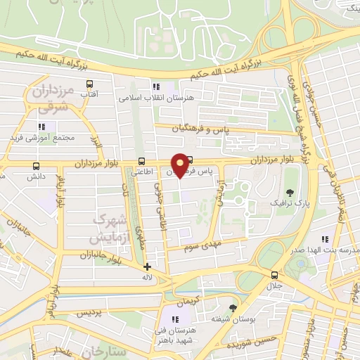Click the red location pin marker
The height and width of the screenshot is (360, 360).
tap(180, 165)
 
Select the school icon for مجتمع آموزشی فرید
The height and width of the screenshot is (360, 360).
tap(42, 127)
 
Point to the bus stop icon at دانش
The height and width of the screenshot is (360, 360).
tap(36, 166)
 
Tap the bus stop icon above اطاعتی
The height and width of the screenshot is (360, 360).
tap(143, 160)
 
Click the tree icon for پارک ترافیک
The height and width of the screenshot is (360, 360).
tap(290, 193)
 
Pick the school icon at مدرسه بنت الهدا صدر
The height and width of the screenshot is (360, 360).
tap(324, 240)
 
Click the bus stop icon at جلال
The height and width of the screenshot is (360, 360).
tap(274, 275)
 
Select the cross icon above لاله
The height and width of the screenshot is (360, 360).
tap(147, 266)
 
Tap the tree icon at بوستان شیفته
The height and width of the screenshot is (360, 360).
tap(233, 307)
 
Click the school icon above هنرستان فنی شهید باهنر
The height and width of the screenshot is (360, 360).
tap(174, 320)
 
